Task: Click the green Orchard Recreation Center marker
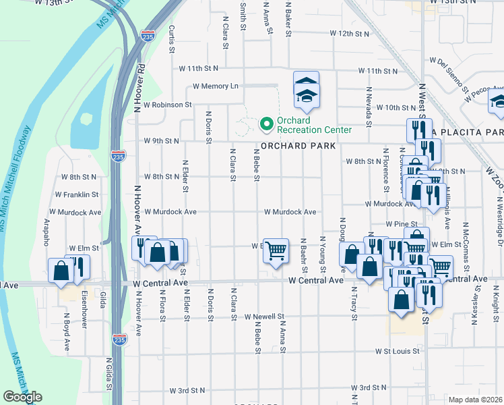(x=266, y=124)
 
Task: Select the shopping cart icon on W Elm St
(x=276, y=251)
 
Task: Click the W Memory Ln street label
(x=216, y=86)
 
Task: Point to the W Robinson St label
(x=163, y=106)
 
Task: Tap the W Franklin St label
(x=77, y=194)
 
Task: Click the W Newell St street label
(x=265, y=316)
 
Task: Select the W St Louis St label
(x=398, y=351)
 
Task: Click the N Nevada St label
(x=369, y=106)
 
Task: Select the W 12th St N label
(x=350, y=33)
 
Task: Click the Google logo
(x=22, y=397)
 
